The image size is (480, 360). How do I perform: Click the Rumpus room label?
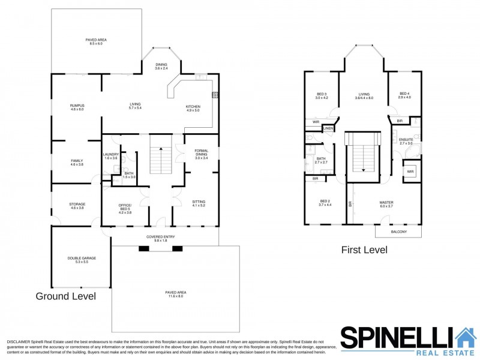point(77,106)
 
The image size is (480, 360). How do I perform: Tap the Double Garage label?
point(82,259)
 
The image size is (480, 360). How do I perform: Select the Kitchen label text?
point(193,106)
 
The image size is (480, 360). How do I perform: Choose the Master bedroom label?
point(386,203)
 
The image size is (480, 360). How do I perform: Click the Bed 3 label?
point(322,94)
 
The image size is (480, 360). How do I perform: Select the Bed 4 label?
point(405,94)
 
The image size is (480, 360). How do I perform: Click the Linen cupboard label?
point(328,129)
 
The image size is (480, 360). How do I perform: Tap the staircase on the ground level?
point(159,160)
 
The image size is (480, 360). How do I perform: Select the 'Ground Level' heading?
point(65,296)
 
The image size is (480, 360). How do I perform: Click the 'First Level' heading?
point(364,250)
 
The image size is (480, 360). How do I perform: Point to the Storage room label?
point(77,205)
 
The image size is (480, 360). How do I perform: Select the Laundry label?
point(111,154)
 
